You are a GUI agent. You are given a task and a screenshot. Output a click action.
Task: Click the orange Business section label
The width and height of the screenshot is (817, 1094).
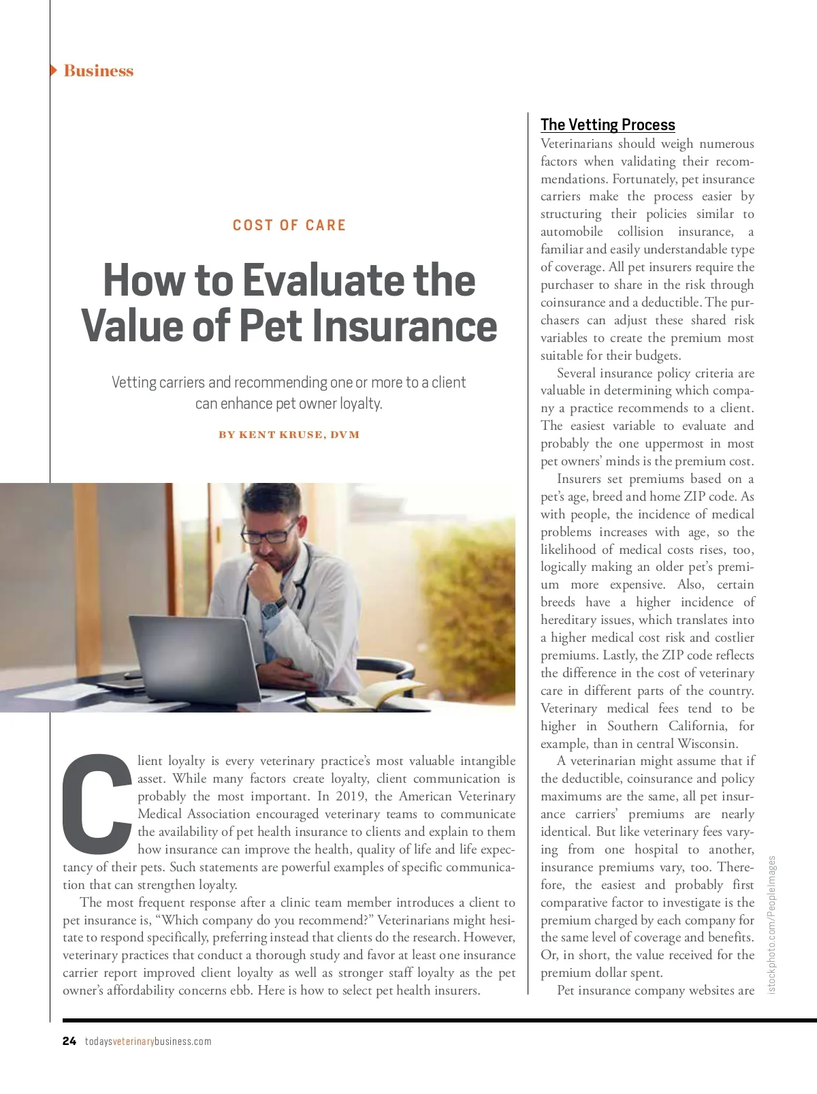click(99, 71)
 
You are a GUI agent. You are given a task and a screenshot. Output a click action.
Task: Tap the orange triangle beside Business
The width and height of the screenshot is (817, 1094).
click(53, 70)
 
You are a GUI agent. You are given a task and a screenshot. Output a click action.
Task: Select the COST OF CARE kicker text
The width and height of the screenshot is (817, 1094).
click(289, 225)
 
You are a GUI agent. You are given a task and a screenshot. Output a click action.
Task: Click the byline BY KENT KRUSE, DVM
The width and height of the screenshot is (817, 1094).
click(289, 435)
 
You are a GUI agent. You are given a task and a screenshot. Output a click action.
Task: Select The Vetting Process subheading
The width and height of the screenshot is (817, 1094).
click(607, 125)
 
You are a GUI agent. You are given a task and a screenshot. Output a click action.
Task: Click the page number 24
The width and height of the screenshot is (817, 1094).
click(69, 1041)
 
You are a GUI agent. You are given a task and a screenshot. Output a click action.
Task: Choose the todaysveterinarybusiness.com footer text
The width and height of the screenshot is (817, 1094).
click(148, 1042)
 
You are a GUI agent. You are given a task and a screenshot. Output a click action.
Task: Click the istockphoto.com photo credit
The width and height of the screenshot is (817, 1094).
click(771, 924)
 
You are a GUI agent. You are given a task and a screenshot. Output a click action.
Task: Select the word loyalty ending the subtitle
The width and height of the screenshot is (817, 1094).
click(360, 403)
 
